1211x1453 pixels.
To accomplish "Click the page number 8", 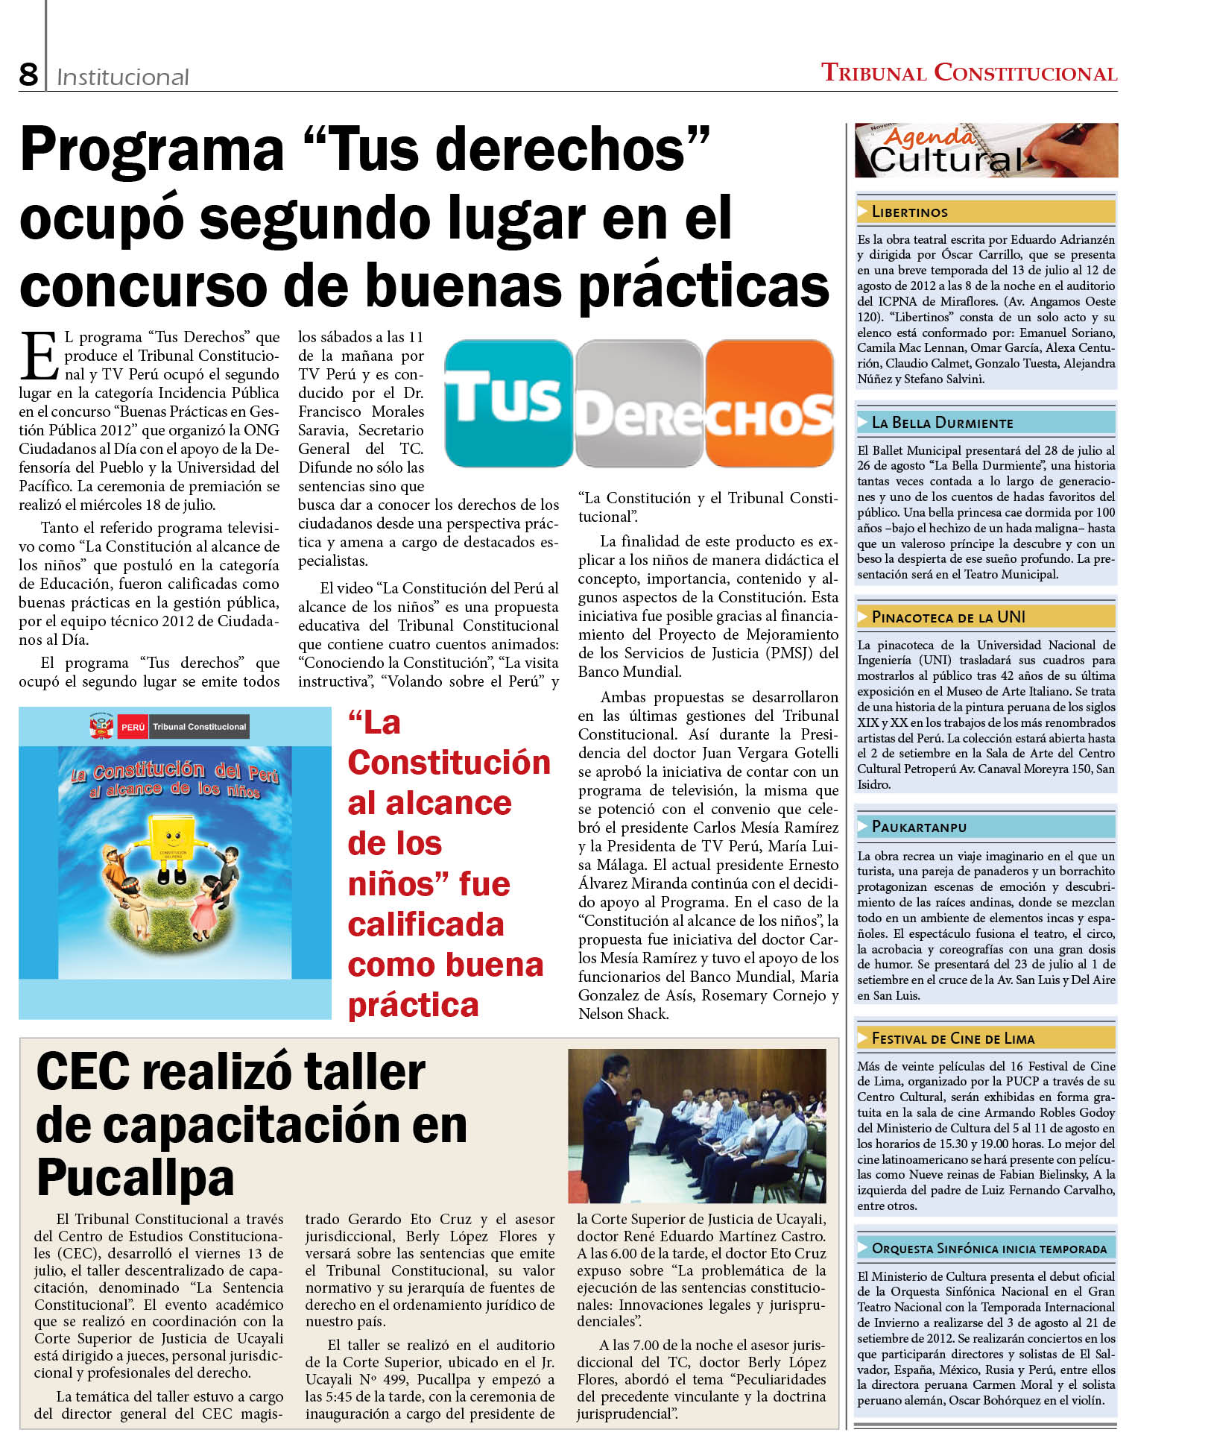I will (x=28, y=74).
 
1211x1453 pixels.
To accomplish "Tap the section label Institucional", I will (x=122, y=77).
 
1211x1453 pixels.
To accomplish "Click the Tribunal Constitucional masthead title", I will (x=968, y=73).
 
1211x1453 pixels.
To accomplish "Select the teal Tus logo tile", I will (x=508, y=403).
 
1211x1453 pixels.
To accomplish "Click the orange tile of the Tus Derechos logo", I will (x=768, y=403).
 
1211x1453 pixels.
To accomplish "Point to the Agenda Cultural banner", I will (x=985, y=151).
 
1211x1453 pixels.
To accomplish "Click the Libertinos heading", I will (x=909, y=212).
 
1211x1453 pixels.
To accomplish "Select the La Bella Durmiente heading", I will (x=942, y=423).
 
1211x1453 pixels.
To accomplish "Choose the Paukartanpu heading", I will (x=918, y=827).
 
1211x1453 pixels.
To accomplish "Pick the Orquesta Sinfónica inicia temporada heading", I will (x=989, y=1248).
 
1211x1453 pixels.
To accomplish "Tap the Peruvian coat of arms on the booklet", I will (x=101, y=726).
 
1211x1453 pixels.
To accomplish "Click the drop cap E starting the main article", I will (x=39, y=356).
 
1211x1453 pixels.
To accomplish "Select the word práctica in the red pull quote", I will (x=413, y=1005).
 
